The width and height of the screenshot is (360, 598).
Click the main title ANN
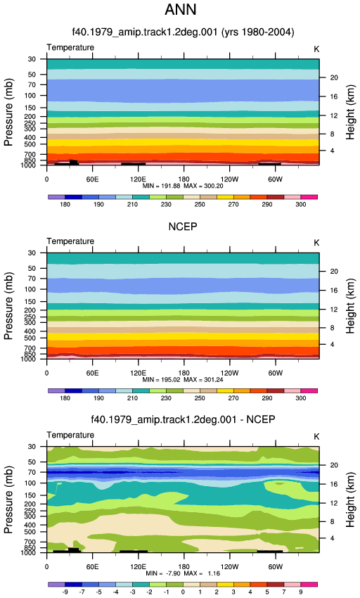(181, 10)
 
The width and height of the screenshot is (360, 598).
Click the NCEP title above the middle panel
(183, 227)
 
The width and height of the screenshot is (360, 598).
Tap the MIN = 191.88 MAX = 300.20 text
(183, 186)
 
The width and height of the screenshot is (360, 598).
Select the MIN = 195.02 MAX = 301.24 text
(183, 380)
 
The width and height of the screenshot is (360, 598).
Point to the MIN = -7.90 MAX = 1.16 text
(183, 573)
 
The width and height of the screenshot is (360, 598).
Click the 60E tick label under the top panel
(92, 179)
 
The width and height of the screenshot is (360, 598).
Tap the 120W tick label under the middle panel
(229, 373)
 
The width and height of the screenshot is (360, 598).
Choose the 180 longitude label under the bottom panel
(184, 567)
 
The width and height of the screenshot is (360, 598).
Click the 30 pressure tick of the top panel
(32, 59)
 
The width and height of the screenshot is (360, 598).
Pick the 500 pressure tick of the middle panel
(30, 338)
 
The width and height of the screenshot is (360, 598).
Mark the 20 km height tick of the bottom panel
(334, 465)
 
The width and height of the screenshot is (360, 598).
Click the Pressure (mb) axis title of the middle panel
(8, 306)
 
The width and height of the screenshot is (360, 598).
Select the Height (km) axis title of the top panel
(350, 112)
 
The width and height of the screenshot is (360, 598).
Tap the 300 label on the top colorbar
(300, 205)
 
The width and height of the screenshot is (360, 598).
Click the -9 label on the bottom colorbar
(65, 592)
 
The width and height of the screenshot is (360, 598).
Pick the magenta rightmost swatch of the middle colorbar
(309, 390)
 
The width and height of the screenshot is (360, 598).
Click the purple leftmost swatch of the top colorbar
(56, 197)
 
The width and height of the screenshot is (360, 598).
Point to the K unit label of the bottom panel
(316, 437)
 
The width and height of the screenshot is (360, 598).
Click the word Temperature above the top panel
(70, 48)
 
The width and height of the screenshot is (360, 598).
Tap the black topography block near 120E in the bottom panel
(134, 551)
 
